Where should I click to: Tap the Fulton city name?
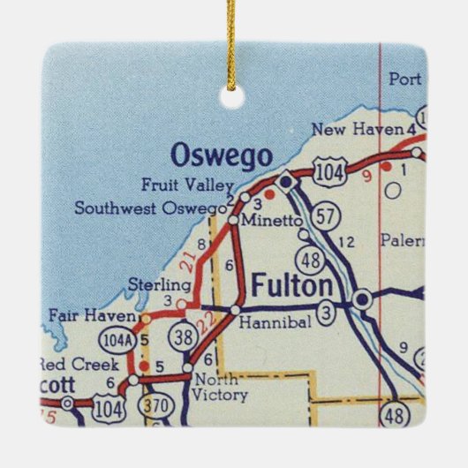292,286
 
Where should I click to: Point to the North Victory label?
221,387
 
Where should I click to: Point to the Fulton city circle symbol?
360,300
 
